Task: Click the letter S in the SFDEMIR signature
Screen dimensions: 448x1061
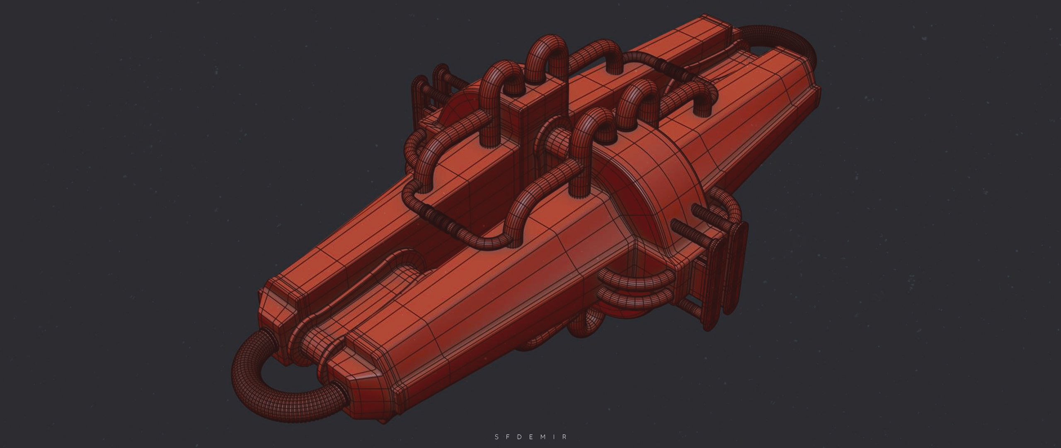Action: [497, 437]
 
